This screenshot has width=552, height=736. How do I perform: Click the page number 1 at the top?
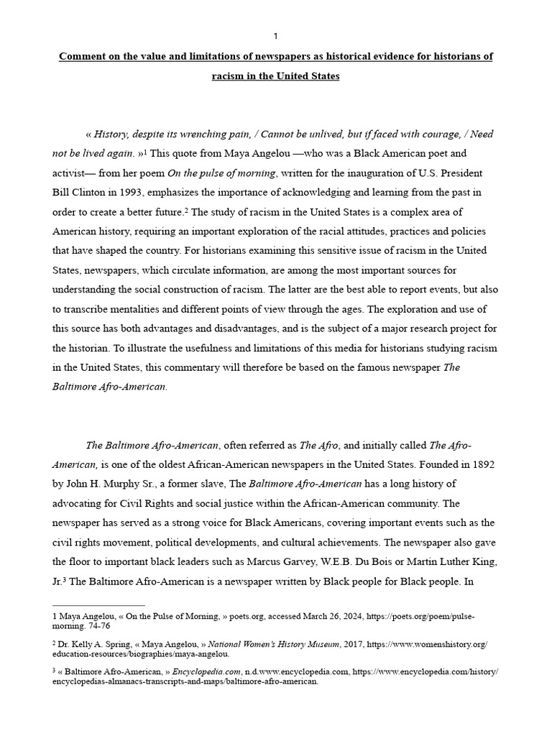tap(276, 37)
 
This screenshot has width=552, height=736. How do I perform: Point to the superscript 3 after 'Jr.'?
tap(67, 579)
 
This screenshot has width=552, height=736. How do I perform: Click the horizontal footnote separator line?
tap(99, 605)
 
